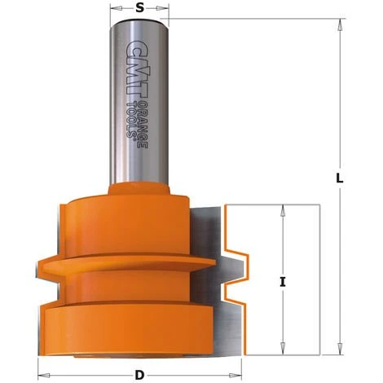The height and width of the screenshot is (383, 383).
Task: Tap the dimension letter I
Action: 281,284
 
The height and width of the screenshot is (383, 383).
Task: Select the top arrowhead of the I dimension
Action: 283,209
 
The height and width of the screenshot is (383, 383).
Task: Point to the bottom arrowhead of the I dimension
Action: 283,344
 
